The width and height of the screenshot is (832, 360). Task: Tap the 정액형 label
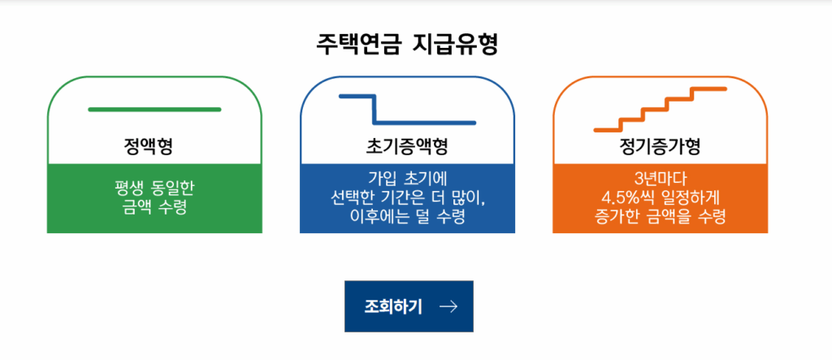(x=149, y=146)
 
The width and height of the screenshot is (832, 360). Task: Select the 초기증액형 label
(x=407, y=146)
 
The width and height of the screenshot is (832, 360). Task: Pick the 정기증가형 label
(x=660, y=146)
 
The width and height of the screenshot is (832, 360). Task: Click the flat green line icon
(x=154, y=110)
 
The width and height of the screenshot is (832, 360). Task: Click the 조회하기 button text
(x=393, y=306)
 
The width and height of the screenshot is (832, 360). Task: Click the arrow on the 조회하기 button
(x=448, y=306)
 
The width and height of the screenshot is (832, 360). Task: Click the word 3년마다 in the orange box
(x=660, y=179)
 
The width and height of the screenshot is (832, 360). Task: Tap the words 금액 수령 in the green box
(x=154, y=207)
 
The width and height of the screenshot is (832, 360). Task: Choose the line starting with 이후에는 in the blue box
(x=407, y=218)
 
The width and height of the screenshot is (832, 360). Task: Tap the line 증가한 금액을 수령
(x=660, y=218)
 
